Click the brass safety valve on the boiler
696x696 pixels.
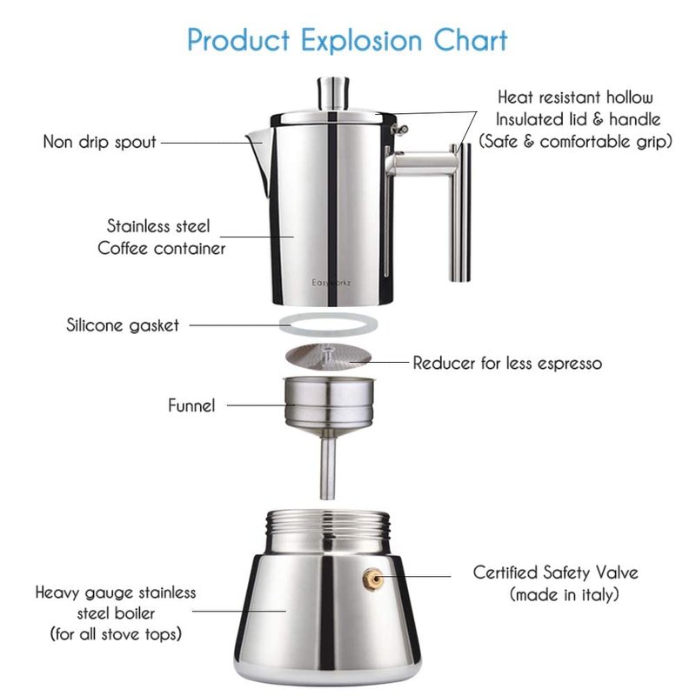371,579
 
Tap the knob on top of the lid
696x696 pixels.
333,93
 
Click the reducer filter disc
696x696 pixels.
328,356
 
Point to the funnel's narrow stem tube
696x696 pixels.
328,467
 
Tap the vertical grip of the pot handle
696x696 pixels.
460,212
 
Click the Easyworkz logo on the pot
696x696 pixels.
331,283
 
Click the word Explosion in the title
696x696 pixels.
361,40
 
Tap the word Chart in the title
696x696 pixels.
471,40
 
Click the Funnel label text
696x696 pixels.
191,405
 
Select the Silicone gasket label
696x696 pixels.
123,325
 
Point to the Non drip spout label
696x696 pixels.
99,142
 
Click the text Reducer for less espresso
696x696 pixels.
507,363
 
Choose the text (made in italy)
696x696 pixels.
564,594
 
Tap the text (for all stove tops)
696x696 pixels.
116,633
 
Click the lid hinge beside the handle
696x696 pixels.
399,129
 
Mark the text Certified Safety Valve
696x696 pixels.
555,572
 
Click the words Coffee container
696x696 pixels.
162,248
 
